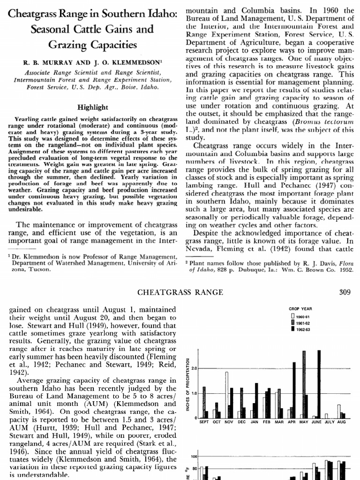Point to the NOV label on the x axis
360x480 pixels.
pos(229,422)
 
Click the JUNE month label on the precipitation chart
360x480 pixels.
pos(316,422)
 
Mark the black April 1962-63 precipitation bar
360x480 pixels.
pos(294,390)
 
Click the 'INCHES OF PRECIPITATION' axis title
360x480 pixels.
pos(187,385)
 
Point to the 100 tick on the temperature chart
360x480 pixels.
pos(193,456)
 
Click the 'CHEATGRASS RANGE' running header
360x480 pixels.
pos(180,292)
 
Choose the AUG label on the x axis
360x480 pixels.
pos(341,422)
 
